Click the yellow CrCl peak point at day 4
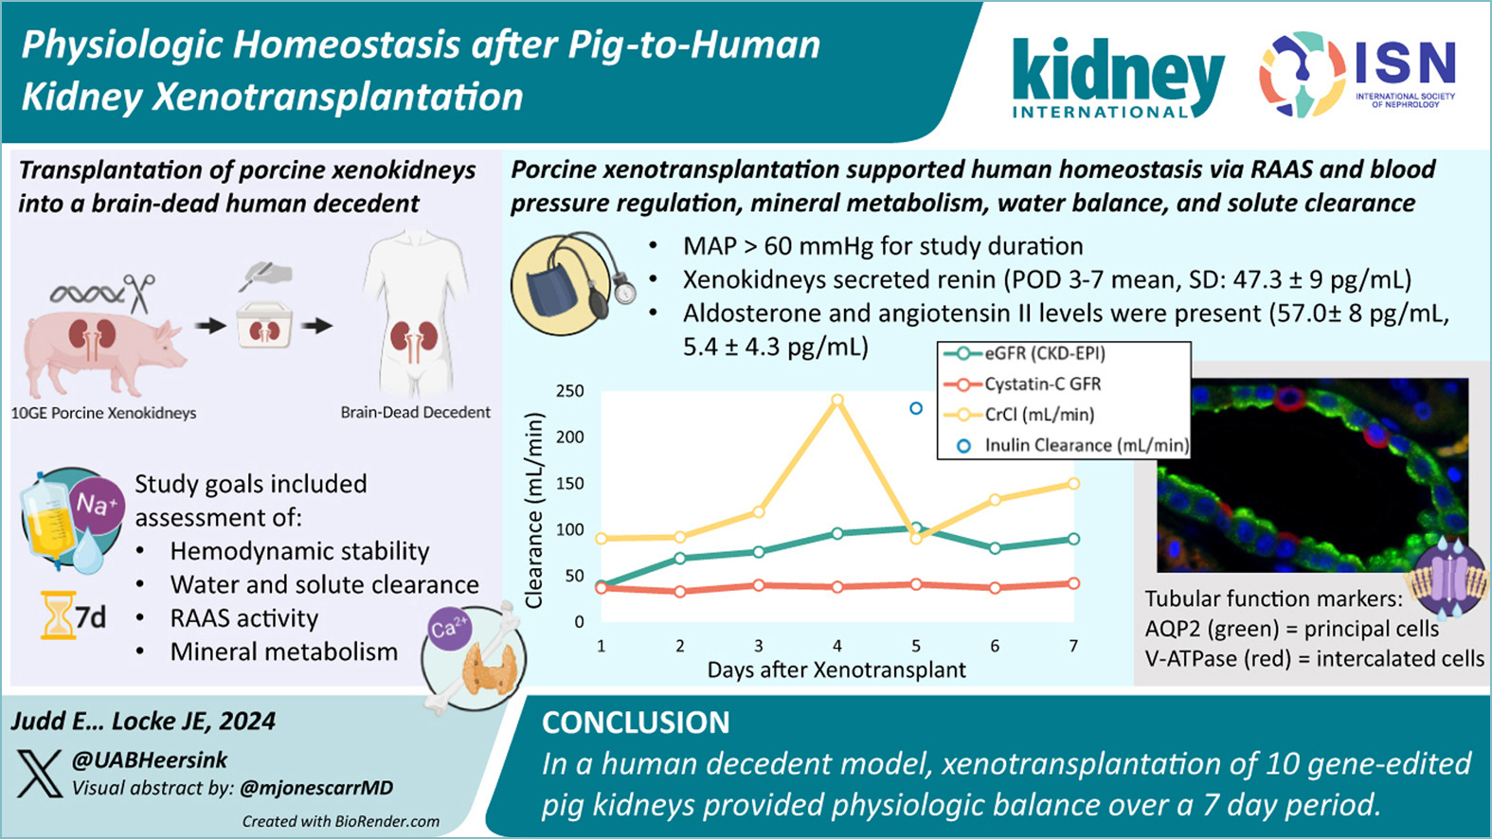tap(836, 401)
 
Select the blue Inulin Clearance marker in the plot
tap(916, 409)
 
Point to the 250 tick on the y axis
tap(569, 391)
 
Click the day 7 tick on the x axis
tap(1073, 646)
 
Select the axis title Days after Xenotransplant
tap(836, 670)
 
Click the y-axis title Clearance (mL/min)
tap(534, 509)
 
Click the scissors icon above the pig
tap(142, 293)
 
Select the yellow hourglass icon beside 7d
tap(57, 616)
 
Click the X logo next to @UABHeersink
tap(40, 774)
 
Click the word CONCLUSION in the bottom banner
tap(636, 723)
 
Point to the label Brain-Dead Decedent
tap(415, 413)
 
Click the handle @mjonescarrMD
tap(316, 788)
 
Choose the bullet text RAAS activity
tap(243, 618)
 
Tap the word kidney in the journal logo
tap(1118, 73)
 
